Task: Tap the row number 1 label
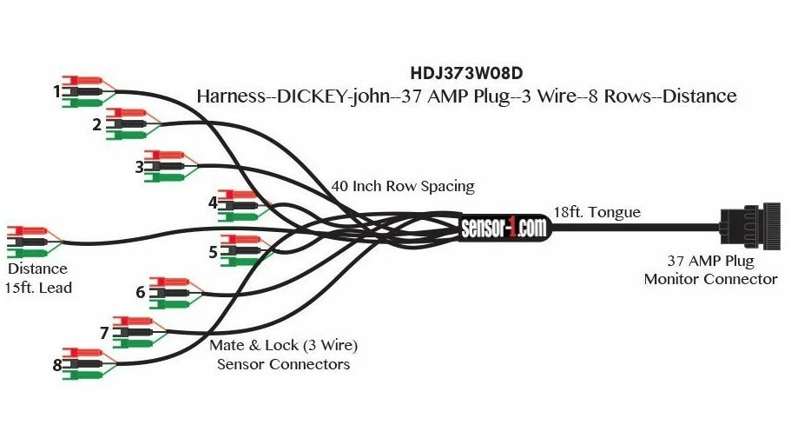click(x=57, y=90)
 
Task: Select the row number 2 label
click(x=96, y=124)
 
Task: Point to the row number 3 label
click(x=139, y=167)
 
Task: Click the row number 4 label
click(x=213, y=203)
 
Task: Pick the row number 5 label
click(x=213, y=252)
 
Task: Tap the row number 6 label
click(x=141, y=292)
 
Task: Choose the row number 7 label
click(x=104, y=333)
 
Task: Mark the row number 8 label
click(x=57, y=365)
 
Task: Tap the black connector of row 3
click(x=165, y=166)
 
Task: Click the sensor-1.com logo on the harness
click(x=504, y=228)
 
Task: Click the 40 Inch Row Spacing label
click(x=403, y=186)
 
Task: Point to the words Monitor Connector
click(x=710, y=279)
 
